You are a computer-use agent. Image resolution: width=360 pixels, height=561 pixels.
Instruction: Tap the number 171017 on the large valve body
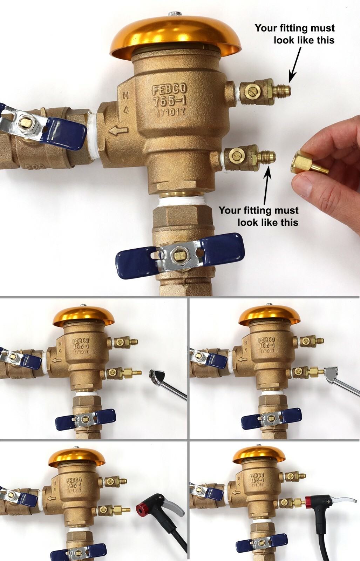pos(170,112)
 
